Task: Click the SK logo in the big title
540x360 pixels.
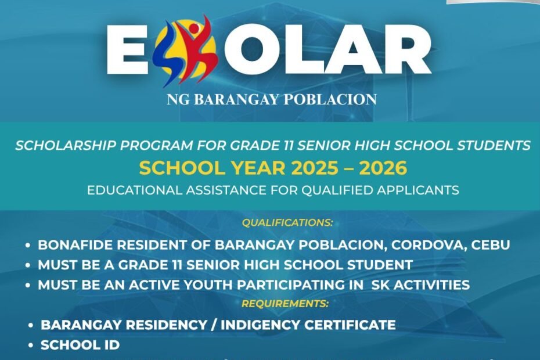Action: click(x=186, y=51)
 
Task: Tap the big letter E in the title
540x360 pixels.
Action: click(x=127, y=51)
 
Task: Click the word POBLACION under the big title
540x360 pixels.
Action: click(x=330, y=99)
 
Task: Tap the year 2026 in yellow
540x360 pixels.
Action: click(x=383, y=168)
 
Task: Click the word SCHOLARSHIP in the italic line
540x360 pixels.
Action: click(x=66, y=145)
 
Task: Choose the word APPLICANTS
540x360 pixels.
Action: click(x=417, y=190)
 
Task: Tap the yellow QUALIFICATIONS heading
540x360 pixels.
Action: click(x=287, y=222)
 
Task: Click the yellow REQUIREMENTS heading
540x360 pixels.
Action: click(x=285, y=304)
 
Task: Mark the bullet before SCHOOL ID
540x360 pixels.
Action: click(x=31, y=345)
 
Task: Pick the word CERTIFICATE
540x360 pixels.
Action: click(x=350, y=325)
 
